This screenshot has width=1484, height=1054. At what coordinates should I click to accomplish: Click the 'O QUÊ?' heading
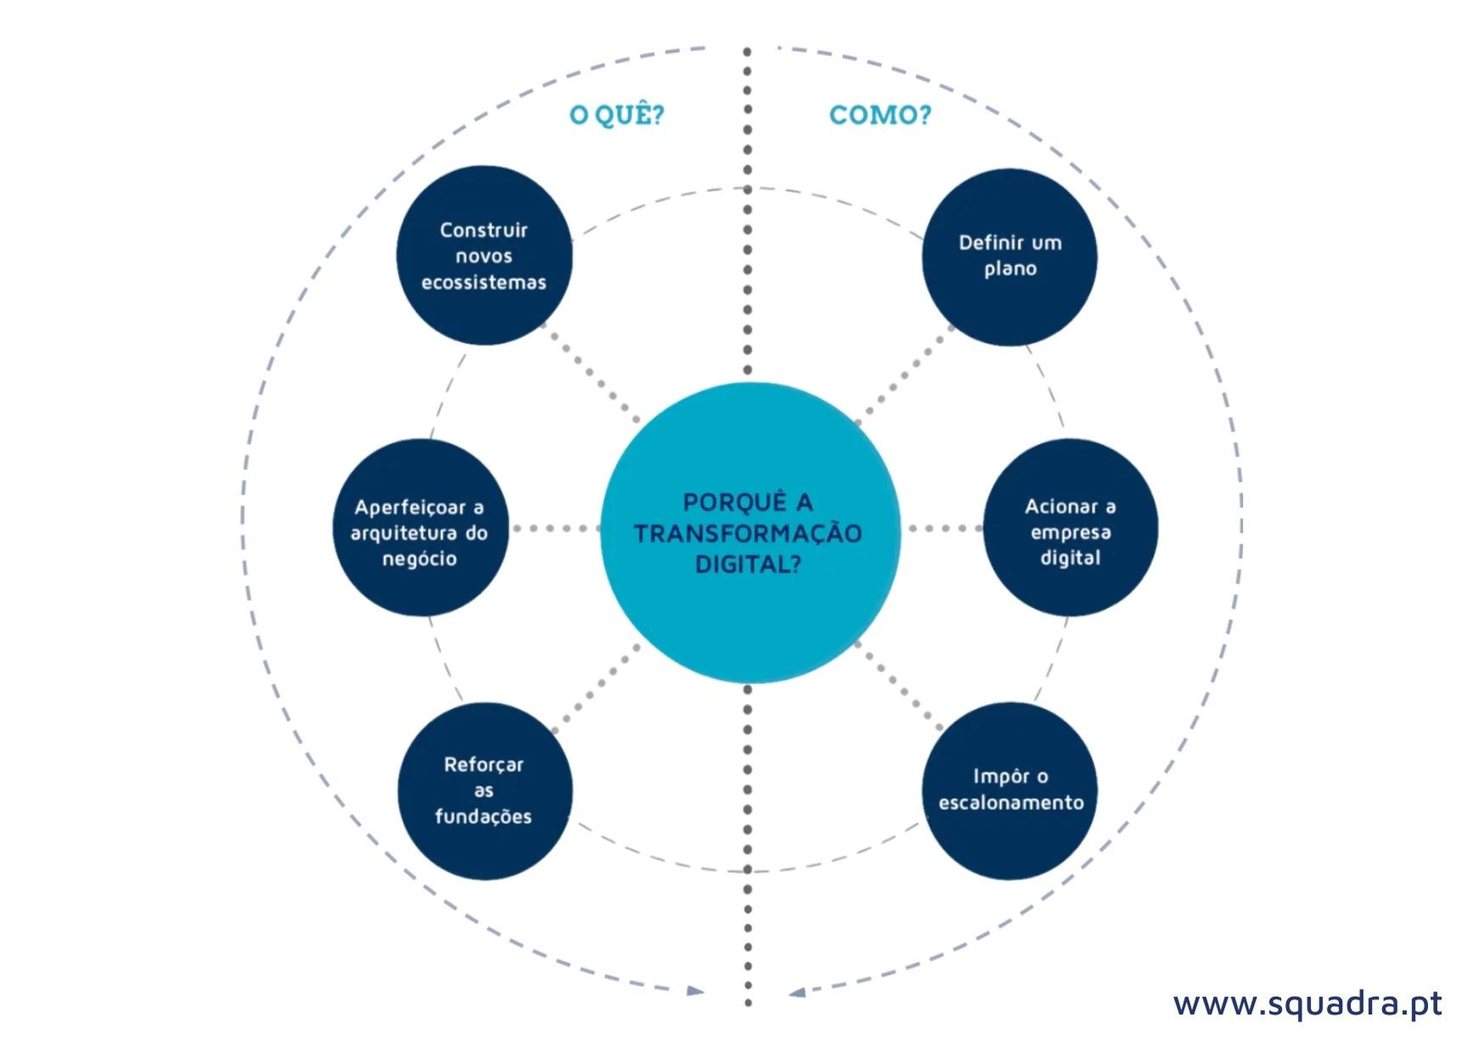coord(617,115)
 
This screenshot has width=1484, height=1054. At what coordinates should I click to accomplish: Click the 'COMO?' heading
coord(879,115)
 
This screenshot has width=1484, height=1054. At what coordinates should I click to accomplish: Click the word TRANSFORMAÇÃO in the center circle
coord(748,534)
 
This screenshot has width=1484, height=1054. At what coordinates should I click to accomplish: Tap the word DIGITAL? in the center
coord(748,564)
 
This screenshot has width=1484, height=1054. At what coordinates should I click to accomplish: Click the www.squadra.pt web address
coord(1306,1004)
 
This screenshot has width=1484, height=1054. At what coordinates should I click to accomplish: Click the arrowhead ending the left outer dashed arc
coord(696,991)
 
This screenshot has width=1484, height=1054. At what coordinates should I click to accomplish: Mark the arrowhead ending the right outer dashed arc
coord(797,992)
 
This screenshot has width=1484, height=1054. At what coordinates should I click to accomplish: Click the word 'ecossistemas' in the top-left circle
coord(484,283)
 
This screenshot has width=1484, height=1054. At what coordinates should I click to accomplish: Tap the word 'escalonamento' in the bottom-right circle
coord(1011,802)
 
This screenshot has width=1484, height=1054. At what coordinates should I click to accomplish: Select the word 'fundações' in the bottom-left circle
coord(483,817)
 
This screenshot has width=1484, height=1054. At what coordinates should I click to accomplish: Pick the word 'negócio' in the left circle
coord(420,559)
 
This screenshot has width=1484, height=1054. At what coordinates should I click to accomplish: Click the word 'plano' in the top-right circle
coord(1010,269)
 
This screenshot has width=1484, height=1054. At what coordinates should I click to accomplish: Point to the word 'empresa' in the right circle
coord(1070,533)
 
